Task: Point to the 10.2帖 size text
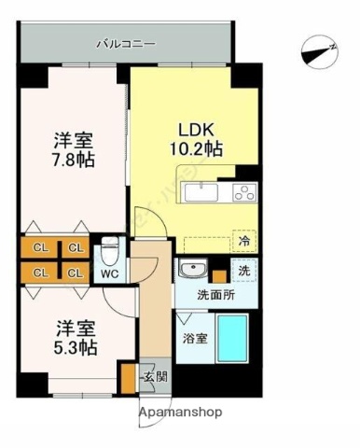[x=196, y=147]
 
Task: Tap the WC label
[x=108, y=273]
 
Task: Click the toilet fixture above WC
[x=109, y=251]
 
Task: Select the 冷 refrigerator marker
[x=243, y=240]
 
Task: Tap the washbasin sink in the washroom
[x=192, y=270]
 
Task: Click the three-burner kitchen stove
[x=244, y=194]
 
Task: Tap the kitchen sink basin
[x=199, y=195]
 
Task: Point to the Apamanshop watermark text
[x=180, y=412]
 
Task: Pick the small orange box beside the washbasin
[x=218, y=274]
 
